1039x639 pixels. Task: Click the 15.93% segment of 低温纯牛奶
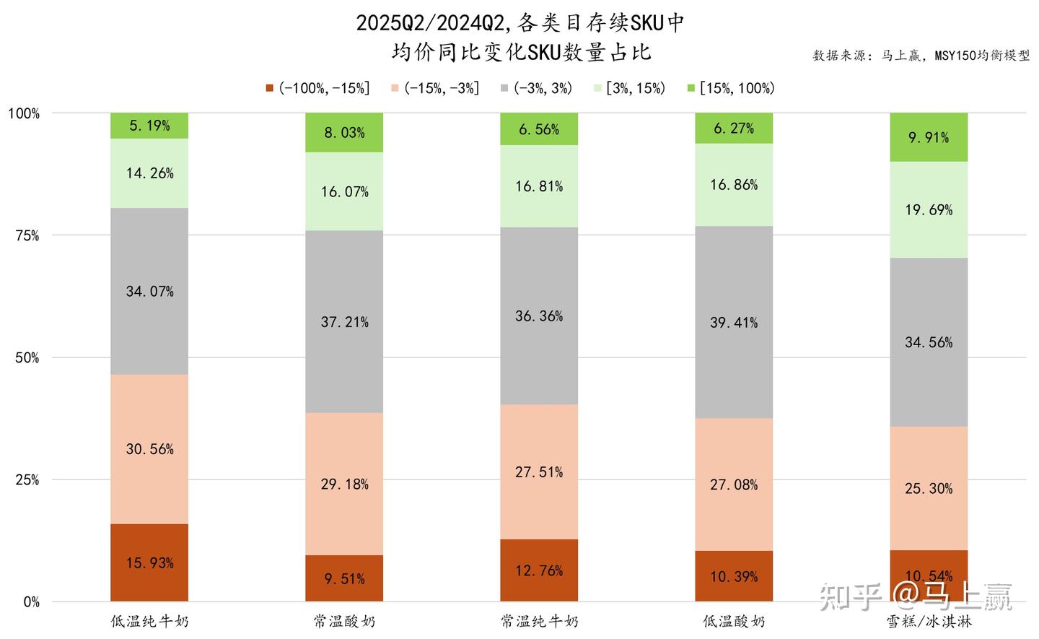149,562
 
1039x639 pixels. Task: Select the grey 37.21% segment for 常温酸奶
344,322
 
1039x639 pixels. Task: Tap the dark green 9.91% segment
929,137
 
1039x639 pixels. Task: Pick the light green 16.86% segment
734,185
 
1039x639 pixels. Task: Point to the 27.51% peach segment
539,472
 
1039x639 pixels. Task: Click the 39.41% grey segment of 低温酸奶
734,323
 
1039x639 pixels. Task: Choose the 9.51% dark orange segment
344,578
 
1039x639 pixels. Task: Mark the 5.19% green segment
149,126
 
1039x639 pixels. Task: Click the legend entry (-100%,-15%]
317,88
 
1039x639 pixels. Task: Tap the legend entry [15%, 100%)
730,88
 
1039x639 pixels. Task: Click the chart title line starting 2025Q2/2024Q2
519,23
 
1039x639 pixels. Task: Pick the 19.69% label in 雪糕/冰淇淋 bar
929,210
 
